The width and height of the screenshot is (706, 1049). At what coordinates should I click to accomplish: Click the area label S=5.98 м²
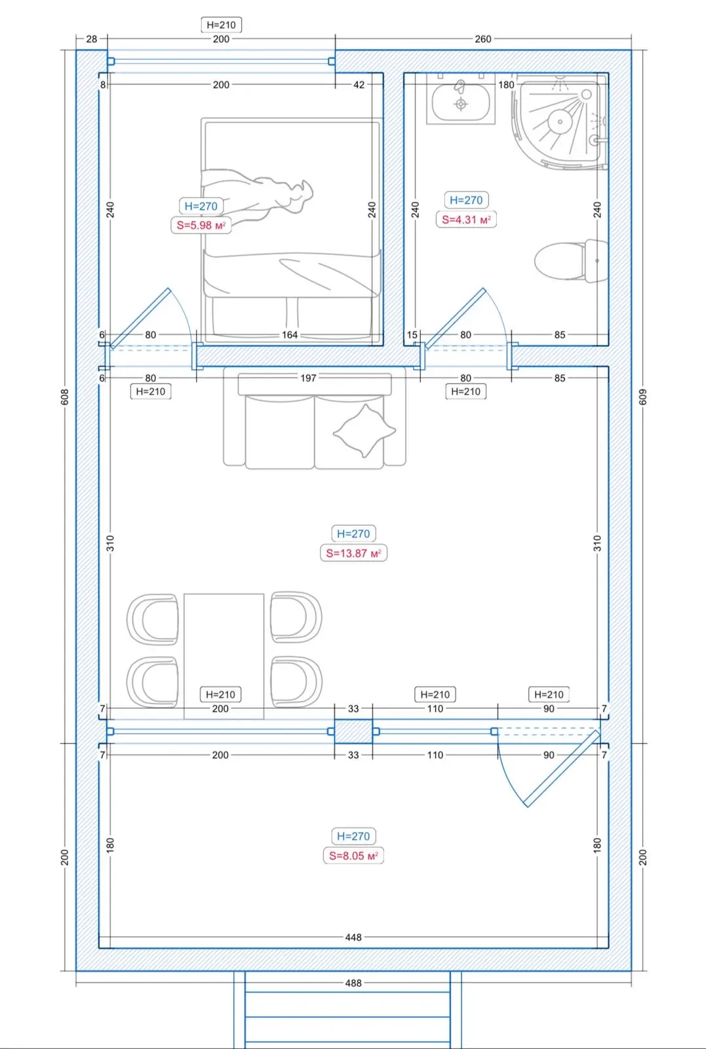(201, 226)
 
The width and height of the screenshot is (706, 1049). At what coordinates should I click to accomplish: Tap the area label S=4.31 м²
(466, 220)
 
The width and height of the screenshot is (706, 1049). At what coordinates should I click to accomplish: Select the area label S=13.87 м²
(353, 553)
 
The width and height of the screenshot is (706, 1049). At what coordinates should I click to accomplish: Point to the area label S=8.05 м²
(353, 856)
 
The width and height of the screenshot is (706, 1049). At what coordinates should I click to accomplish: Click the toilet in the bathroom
(572, 261)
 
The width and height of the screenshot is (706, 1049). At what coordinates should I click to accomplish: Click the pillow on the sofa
(364, 431)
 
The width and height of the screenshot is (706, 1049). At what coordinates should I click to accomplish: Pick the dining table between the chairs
(224, 656)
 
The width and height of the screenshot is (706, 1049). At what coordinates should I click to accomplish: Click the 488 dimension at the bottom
(353, 983)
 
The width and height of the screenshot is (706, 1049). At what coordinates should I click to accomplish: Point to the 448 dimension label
(353, 937)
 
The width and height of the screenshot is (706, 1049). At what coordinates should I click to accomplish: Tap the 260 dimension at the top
(483, 39)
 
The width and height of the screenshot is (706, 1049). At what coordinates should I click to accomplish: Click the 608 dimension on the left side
(65, 397)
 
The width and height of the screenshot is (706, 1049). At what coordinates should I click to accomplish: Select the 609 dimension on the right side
(643, 397)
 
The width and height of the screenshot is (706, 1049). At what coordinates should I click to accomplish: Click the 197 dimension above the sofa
(309, 378)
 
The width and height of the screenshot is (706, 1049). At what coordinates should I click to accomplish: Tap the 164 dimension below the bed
(290, 335)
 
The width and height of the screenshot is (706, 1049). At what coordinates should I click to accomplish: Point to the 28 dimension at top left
(92, 39)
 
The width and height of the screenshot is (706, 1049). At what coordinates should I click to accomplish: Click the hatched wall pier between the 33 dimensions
(353, 732)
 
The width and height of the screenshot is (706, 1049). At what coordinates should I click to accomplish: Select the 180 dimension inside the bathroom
(506, 85)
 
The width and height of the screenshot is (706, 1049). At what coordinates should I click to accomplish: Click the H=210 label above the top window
(222, 25)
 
